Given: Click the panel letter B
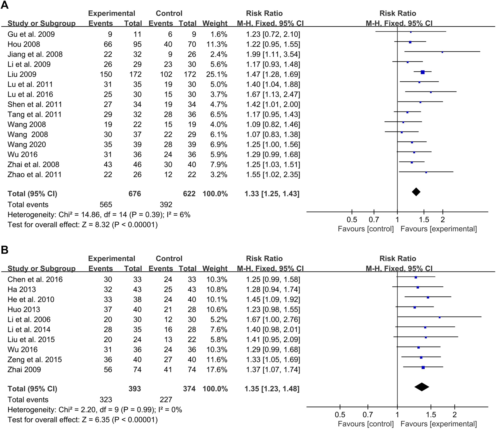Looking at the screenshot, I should click(4, 250).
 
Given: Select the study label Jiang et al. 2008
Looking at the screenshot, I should click(35, 54).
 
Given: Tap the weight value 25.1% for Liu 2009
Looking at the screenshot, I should click(215, 74).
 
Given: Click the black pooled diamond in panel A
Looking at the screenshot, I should click(416, 192).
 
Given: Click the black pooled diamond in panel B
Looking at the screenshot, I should click(422, 387).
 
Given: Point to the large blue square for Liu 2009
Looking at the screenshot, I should click(423, 72).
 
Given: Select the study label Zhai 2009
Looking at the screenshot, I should click(24, 370).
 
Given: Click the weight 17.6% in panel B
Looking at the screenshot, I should click(215, 370).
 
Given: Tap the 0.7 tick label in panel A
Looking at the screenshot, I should click(374, 220).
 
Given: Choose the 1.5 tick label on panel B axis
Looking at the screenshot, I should click(431, 415).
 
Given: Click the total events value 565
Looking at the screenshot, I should click(106, 205).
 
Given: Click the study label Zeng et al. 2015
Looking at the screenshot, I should click(34, 360).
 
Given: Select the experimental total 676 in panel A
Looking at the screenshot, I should click(135, 194).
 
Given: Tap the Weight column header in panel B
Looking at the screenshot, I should click(215, 269).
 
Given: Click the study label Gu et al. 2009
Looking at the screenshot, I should click(31, 34).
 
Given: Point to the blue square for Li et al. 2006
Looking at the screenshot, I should click(439, 317).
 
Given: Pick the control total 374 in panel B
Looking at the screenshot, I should click(189, 389).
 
